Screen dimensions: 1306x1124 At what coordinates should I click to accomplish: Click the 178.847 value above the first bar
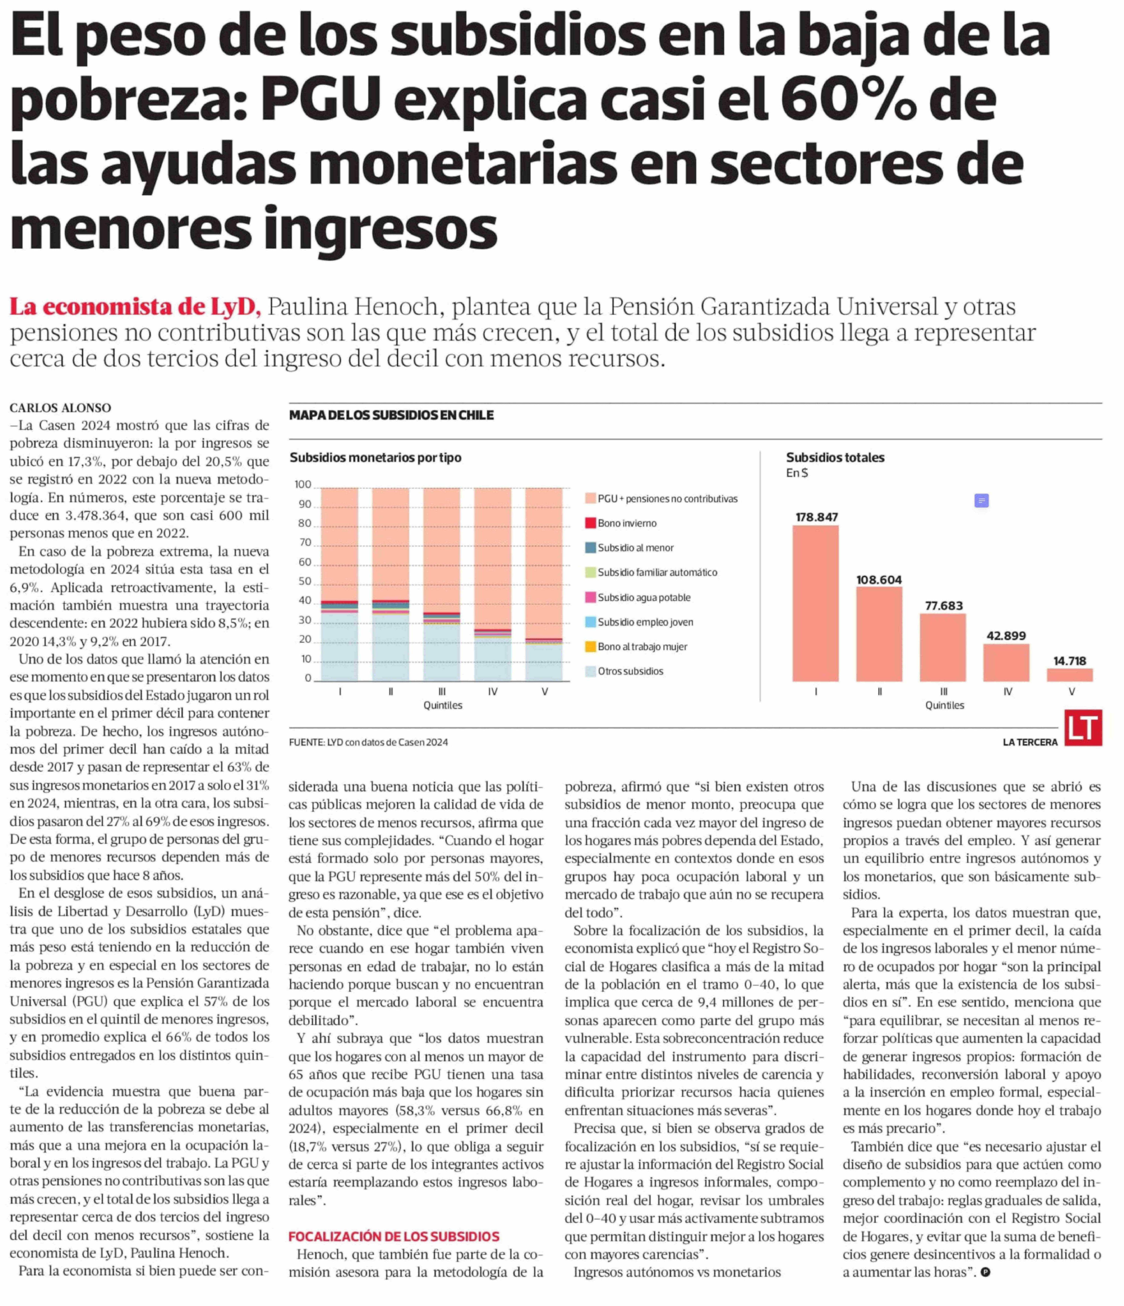[816, 517]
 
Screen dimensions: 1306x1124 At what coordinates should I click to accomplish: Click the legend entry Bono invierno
[626, 523]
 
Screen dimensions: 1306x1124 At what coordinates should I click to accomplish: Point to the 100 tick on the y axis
[303, 485]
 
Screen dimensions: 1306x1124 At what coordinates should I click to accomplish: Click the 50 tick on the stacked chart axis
[305, 581]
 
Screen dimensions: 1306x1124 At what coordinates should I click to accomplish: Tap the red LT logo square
[1083, 728]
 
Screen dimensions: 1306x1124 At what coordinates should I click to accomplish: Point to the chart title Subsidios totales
[835, 458]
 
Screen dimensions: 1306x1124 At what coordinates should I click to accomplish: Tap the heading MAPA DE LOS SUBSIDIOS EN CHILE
[391, 415]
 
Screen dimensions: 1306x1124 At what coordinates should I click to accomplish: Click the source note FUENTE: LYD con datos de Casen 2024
[368, 742]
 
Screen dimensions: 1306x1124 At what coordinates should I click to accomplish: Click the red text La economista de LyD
[134, 307]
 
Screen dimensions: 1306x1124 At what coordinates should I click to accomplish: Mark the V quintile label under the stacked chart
[544, 691]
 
